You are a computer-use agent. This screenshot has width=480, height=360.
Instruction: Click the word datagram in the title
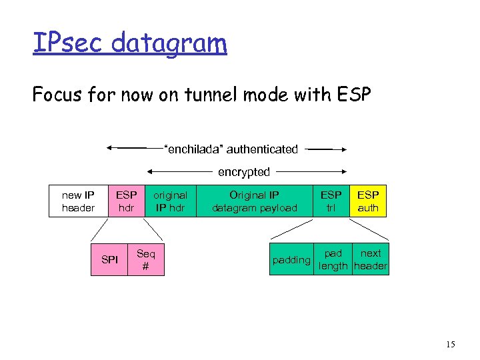(x=169, y=45)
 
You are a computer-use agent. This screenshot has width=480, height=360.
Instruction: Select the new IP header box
(x=78, y=201)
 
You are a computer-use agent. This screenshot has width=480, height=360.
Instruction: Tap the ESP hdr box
(x=126, y=201)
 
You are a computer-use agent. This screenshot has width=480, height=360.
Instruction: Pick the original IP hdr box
(x=170, y=201)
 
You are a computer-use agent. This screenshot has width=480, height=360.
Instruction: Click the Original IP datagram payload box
(x=254, y=201)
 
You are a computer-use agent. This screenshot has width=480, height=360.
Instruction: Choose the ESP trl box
(x=331, y=201)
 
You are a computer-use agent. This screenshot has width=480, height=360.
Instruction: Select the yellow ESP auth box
(x=367, y=201)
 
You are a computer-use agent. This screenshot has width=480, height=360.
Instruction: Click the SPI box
(x=109, y=259)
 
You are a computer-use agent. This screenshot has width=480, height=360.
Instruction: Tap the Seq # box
(x=145, y=259)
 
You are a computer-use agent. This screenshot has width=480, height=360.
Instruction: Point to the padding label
(x=291, y=260)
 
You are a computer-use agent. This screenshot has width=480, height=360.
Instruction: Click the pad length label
(x=333, y=259)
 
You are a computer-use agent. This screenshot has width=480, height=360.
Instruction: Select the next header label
(x=371, y=259)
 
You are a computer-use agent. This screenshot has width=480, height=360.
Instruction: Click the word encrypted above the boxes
(x=244, y=172)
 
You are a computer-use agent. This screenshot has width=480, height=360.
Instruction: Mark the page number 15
(x=451, y=345)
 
